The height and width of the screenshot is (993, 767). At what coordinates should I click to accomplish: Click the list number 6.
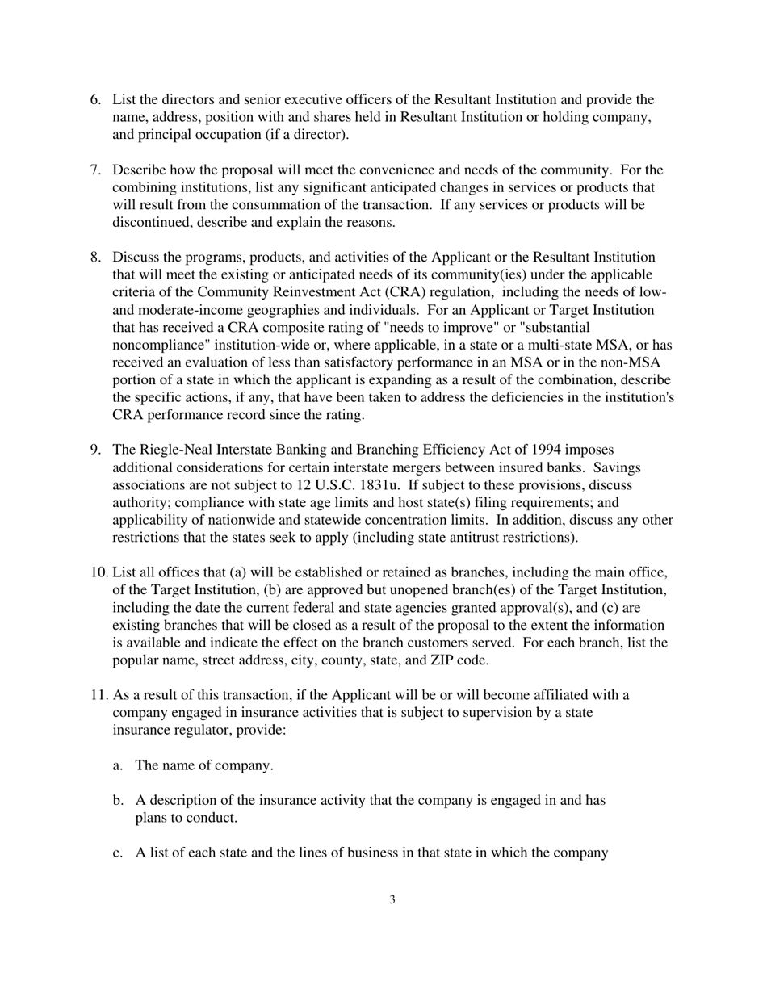pyautogui.click(x=94, y=99)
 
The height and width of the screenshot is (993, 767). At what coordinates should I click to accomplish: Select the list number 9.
pyautogui.click(x=94, y=450)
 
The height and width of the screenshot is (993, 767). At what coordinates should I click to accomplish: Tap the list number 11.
pyautogui.click(x=98, y=695)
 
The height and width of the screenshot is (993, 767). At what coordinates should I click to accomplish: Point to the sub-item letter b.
pyautogui.click(x=118, y=800)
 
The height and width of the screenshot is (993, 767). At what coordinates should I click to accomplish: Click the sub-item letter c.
pyautogui.click(x=118, y=853)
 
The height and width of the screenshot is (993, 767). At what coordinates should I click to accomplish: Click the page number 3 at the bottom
pyautogui.click(x=392, y=900)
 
